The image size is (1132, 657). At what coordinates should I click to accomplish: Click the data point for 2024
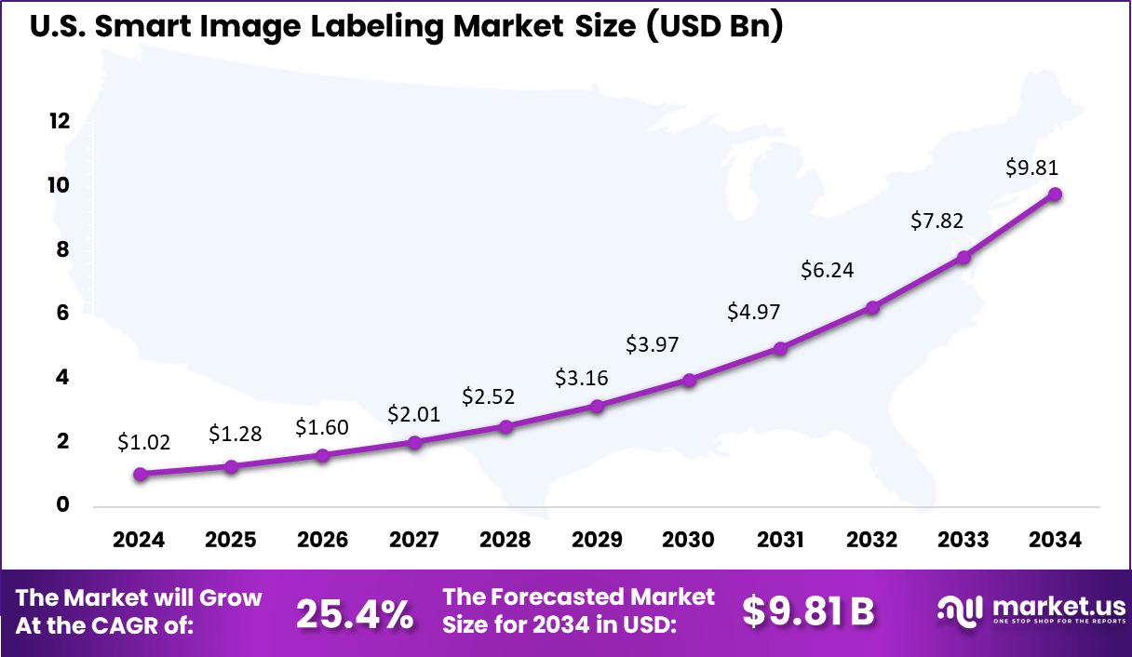click(x=140, y=474)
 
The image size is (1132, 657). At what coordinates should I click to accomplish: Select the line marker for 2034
click(x=1055, y=194)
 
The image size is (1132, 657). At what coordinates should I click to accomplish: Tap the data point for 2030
click(x=689, y=380)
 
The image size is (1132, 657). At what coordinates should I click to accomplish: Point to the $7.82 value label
click(x=936, y=221)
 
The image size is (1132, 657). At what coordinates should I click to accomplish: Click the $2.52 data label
click(x=488, y=396)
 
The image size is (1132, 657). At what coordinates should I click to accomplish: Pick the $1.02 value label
click(x=143, y=443)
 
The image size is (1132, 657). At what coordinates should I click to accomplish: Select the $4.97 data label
click(x=754, y=311)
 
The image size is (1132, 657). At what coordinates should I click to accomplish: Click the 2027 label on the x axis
click(x=414, y=541)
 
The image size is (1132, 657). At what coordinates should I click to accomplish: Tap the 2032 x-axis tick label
click(x=872, y=541)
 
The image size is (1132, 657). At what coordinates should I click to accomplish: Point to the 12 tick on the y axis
click(x=60, y=122)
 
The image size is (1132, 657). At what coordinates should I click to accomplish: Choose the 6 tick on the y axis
click(x=63, y=314)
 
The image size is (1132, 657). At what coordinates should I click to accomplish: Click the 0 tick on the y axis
click(x=63, y=505)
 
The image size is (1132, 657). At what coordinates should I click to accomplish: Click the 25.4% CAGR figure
click(x=354, y=612)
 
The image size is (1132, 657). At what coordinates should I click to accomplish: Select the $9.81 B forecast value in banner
click(x=808, y=611)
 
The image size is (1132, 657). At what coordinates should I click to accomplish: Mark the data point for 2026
click(x=322, y=455)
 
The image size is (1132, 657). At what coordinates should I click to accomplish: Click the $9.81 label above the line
click(x=1032, y=168)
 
